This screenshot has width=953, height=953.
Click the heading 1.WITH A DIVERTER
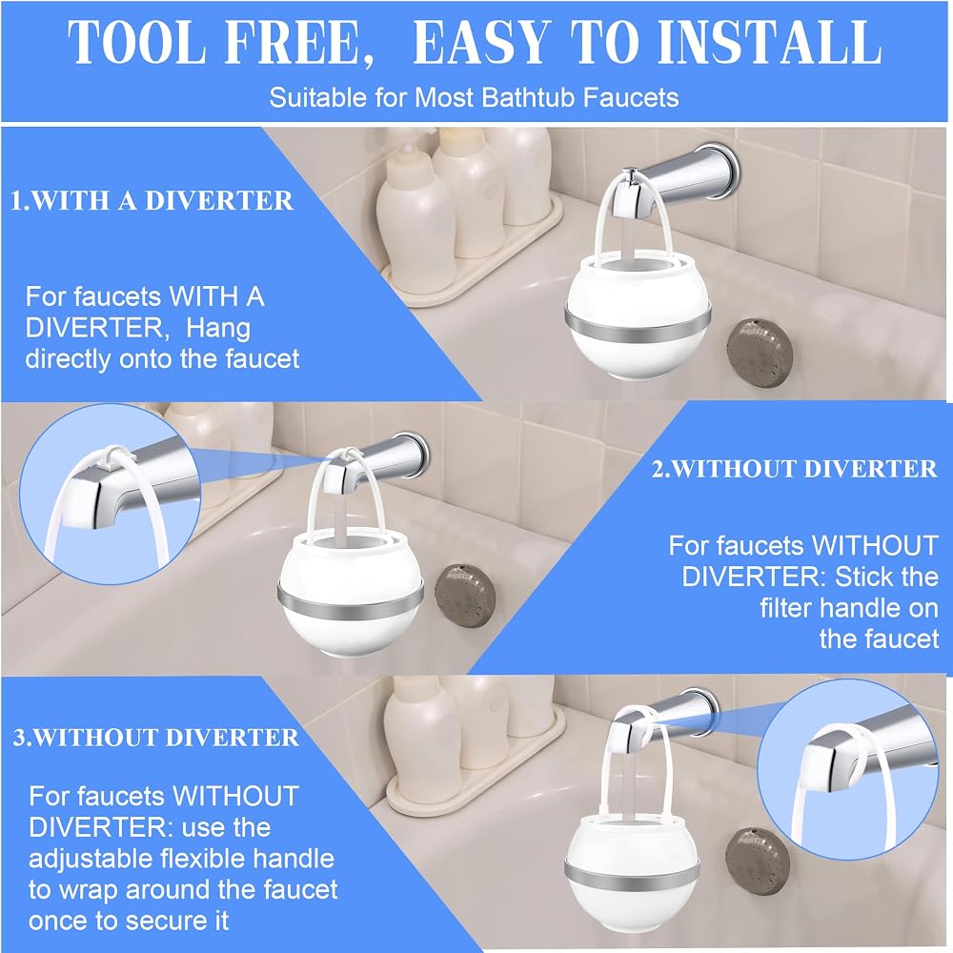(x=152, y=200)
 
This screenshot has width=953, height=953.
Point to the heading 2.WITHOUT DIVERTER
(x=795, y=469)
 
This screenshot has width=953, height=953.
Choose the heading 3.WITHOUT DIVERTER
(x=155, y=738)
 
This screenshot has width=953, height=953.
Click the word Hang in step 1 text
(x=217, y=328)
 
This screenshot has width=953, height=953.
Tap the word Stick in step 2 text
(x=860, y=577)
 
